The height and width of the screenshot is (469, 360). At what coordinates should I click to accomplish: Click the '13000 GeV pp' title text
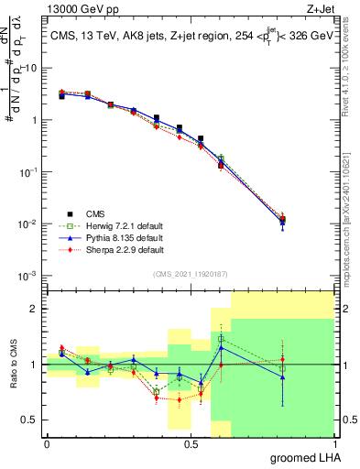click(75, 8)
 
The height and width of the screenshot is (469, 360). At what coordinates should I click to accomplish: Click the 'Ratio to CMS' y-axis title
click(13, 365)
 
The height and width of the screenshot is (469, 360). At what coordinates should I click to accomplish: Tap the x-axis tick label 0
click(47, 443)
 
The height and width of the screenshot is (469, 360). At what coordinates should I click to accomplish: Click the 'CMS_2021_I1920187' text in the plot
click(190, 273)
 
